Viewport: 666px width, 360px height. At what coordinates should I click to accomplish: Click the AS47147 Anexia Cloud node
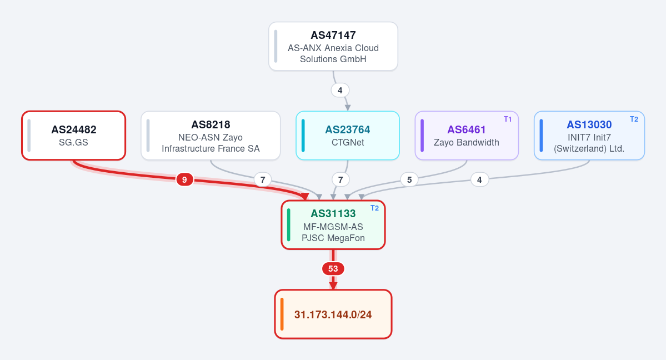point(333,46)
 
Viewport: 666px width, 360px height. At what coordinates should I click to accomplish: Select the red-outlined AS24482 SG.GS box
point(73,136)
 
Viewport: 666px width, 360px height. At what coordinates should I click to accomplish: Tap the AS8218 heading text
point(211,124)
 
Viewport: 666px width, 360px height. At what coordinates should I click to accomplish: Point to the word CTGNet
point(347,142)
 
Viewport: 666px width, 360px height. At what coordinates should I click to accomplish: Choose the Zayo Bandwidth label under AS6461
point(467,142)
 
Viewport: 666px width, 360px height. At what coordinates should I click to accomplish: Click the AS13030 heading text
point(589,124)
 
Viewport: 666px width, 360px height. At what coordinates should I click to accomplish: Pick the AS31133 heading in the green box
point(333,213)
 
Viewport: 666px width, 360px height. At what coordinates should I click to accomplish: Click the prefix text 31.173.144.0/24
point(333,314)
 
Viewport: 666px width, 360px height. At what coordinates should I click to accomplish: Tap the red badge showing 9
point(184,180)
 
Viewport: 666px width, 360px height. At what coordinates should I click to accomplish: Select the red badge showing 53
point(333,269)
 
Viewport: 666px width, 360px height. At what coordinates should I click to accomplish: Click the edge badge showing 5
point(409,180)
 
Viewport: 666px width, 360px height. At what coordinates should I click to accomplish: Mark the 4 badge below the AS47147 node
point(340,90)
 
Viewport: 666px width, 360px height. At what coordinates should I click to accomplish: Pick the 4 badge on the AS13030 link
point(479,180)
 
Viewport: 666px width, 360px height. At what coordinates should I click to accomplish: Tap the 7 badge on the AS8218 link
point(263,180)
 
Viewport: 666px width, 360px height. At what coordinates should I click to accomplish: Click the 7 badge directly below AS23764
point(340,180)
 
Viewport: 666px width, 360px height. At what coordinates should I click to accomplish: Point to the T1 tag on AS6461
point(508,119)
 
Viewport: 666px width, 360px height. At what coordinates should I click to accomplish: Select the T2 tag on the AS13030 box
point(634,119)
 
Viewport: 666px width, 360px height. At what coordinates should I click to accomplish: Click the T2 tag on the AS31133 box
point(374,208)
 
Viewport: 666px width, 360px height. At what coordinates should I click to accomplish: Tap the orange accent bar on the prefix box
point(282,314)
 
